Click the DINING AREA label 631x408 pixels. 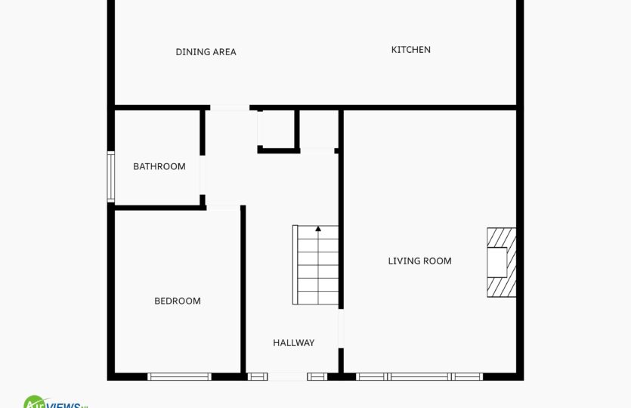click(x=206, y=52)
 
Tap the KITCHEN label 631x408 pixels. click(x=411, y=50)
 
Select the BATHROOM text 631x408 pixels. click(x=159, y=166)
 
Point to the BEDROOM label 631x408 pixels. click(x=178, y=301)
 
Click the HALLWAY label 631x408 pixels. click(x=294, y=343)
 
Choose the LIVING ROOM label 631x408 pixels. click(x=419, y=261)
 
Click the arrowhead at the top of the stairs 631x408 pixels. click(x=318, y=229)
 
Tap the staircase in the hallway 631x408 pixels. click(x=316, y=264)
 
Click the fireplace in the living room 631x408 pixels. click(x=502, y=262)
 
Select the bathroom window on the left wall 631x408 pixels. click(x=110, y=177)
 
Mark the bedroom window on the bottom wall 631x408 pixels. click(x=179, y=376)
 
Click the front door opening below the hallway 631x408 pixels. click(x=287, y=376)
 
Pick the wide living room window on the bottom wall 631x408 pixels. click(x=419, y=376)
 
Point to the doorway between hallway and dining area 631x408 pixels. click(x=230, y=107)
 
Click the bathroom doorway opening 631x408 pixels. click(x=202, y=175)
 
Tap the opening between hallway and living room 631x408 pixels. click(x=341, y=329)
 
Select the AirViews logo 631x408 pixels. click(x=55, y=402)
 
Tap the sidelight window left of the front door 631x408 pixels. click(x=258, y=376)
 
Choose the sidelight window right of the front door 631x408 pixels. click(x=317, y=376)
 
